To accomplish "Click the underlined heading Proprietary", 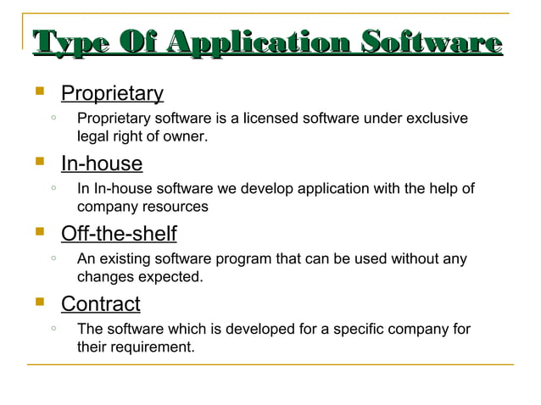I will coord(112,93).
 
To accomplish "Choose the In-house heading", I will coord(101,164).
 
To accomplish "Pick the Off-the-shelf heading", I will coord(118,233).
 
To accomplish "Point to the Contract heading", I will coord(100,303).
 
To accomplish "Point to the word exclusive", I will coord(435,119).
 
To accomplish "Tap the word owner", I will coord(186,136).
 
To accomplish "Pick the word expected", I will coord(172,276).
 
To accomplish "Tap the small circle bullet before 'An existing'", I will coord(53,258).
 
